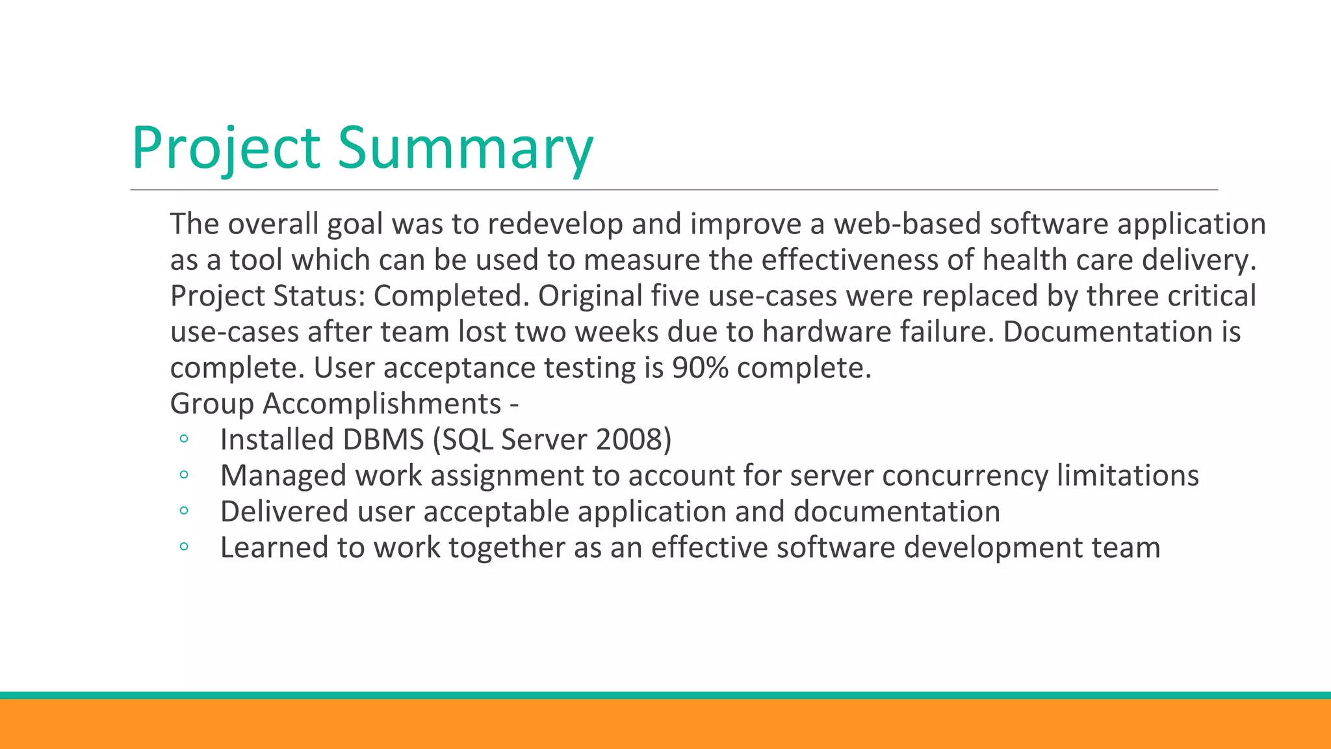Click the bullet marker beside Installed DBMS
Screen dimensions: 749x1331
(x=183, y=440)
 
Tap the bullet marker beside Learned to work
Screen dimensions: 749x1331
(x=183, y=547)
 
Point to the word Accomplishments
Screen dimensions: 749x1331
(x=381, y=404)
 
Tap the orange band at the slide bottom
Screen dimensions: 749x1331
(x=665, y=724)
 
